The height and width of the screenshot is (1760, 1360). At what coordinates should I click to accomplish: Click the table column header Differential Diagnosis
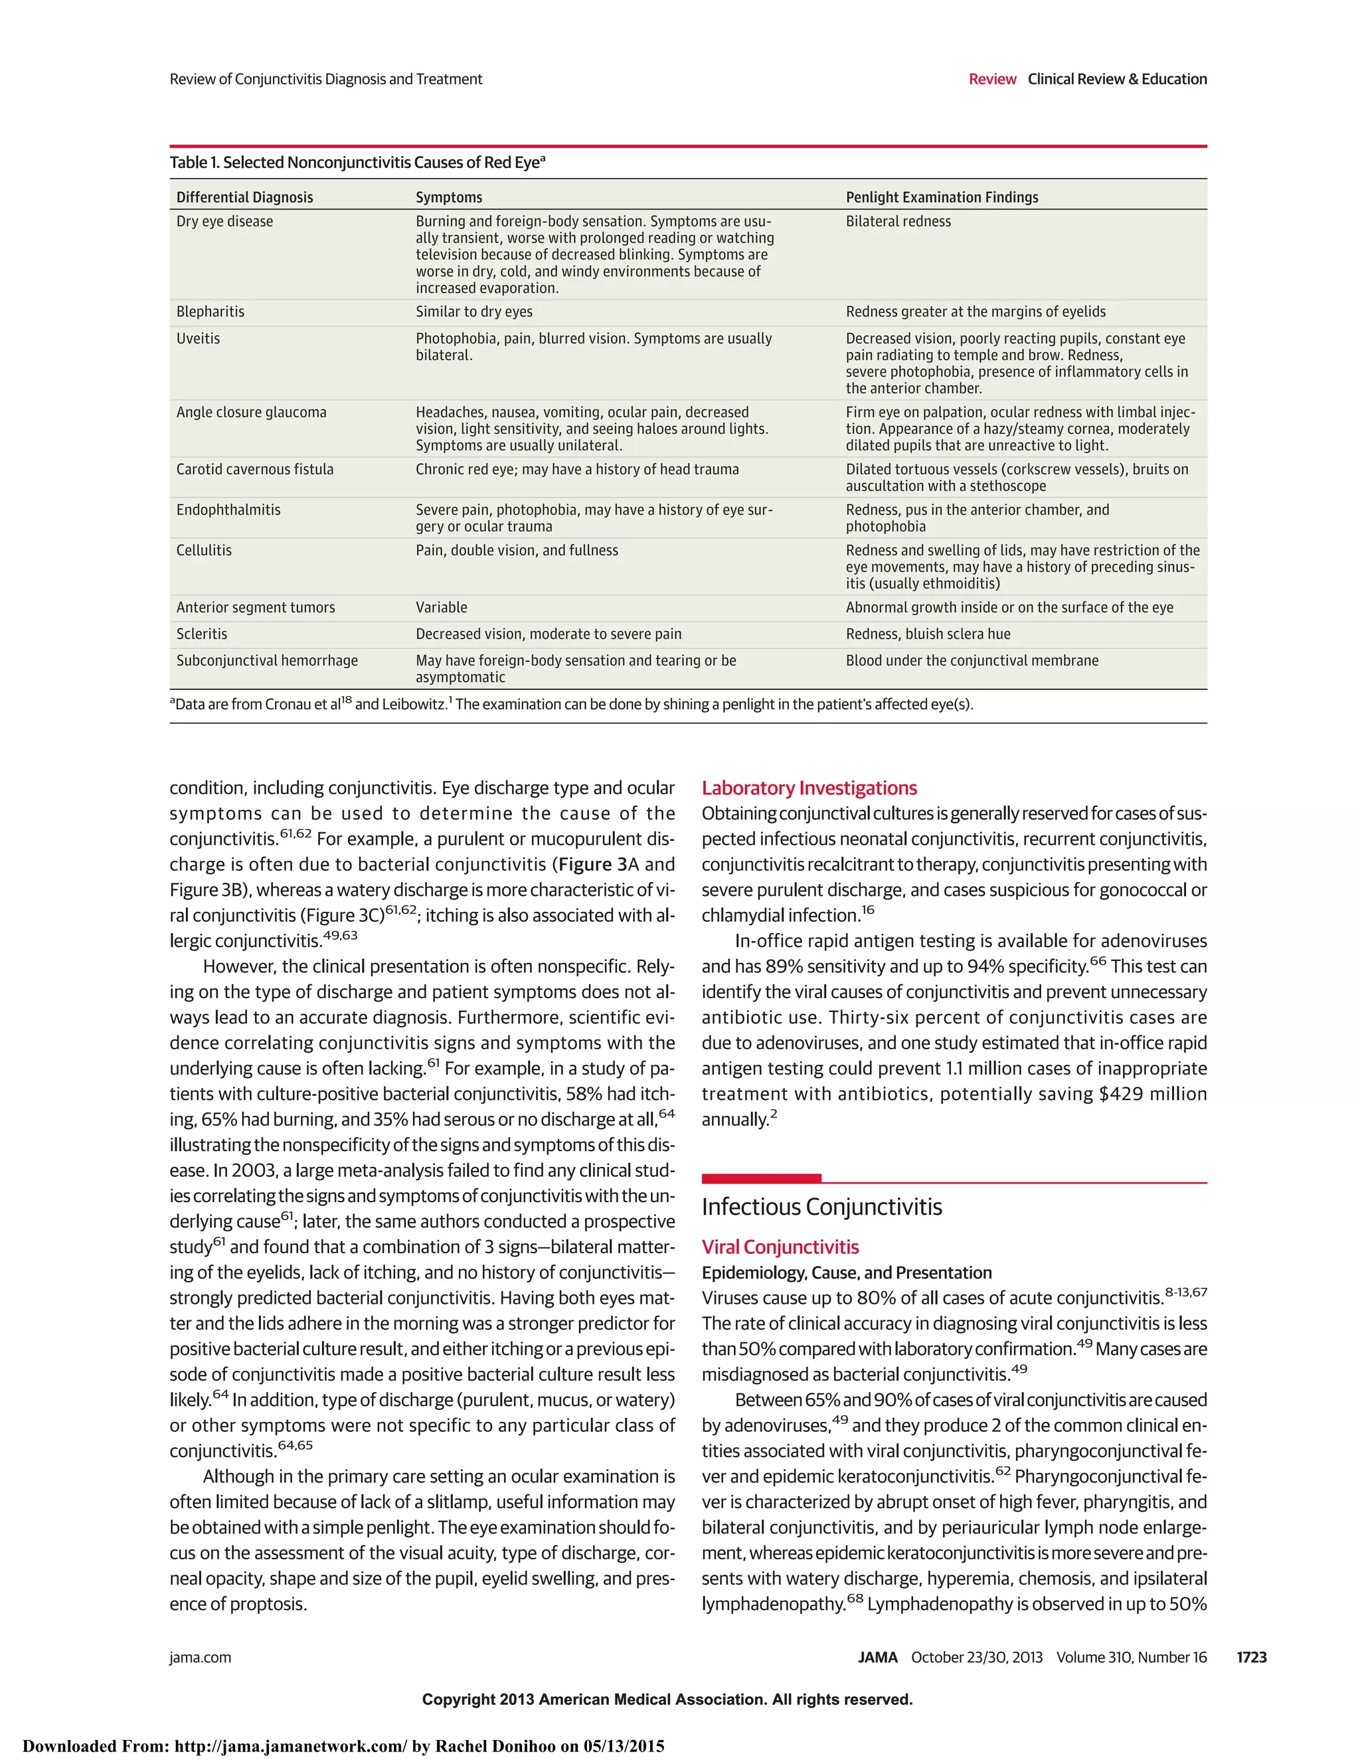tap(244, 197)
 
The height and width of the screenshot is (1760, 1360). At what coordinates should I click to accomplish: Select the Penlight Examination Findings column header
tap(941, 197)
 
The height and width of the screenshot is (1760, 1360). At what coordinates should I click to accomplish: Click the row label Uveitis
tap(198, 339)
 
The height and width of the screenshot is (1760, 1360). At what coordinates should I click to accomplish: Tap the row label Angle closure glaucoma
tap(252, 412)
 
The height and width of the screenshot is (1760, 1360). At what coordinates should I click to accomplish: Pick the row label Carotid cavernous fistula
tap(254, 470)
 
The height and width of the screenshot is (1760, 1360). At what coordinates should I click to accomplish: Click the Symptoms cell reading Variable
tap(441, 608)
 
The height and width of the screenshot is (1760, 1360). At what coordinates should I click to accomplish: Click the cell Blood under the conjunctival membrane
tap(972, 661)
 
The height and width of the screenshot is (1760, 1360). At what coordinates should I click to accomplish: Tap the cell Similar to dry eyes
tap(473, 312)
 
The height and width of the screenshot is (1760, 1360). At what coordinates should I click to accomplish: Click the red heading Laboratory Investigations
tap(809, 788)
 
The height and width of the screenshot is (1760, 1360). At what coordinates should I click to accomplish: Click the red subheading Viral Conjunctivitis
tap(780, 1247)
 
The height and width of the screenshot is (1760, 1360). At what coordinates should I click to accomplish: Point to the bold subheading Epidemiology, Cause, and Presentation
tap(846, 1273)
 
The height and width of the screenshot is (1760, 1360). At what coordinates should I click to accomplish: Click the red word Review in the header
tap(992, 79)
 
